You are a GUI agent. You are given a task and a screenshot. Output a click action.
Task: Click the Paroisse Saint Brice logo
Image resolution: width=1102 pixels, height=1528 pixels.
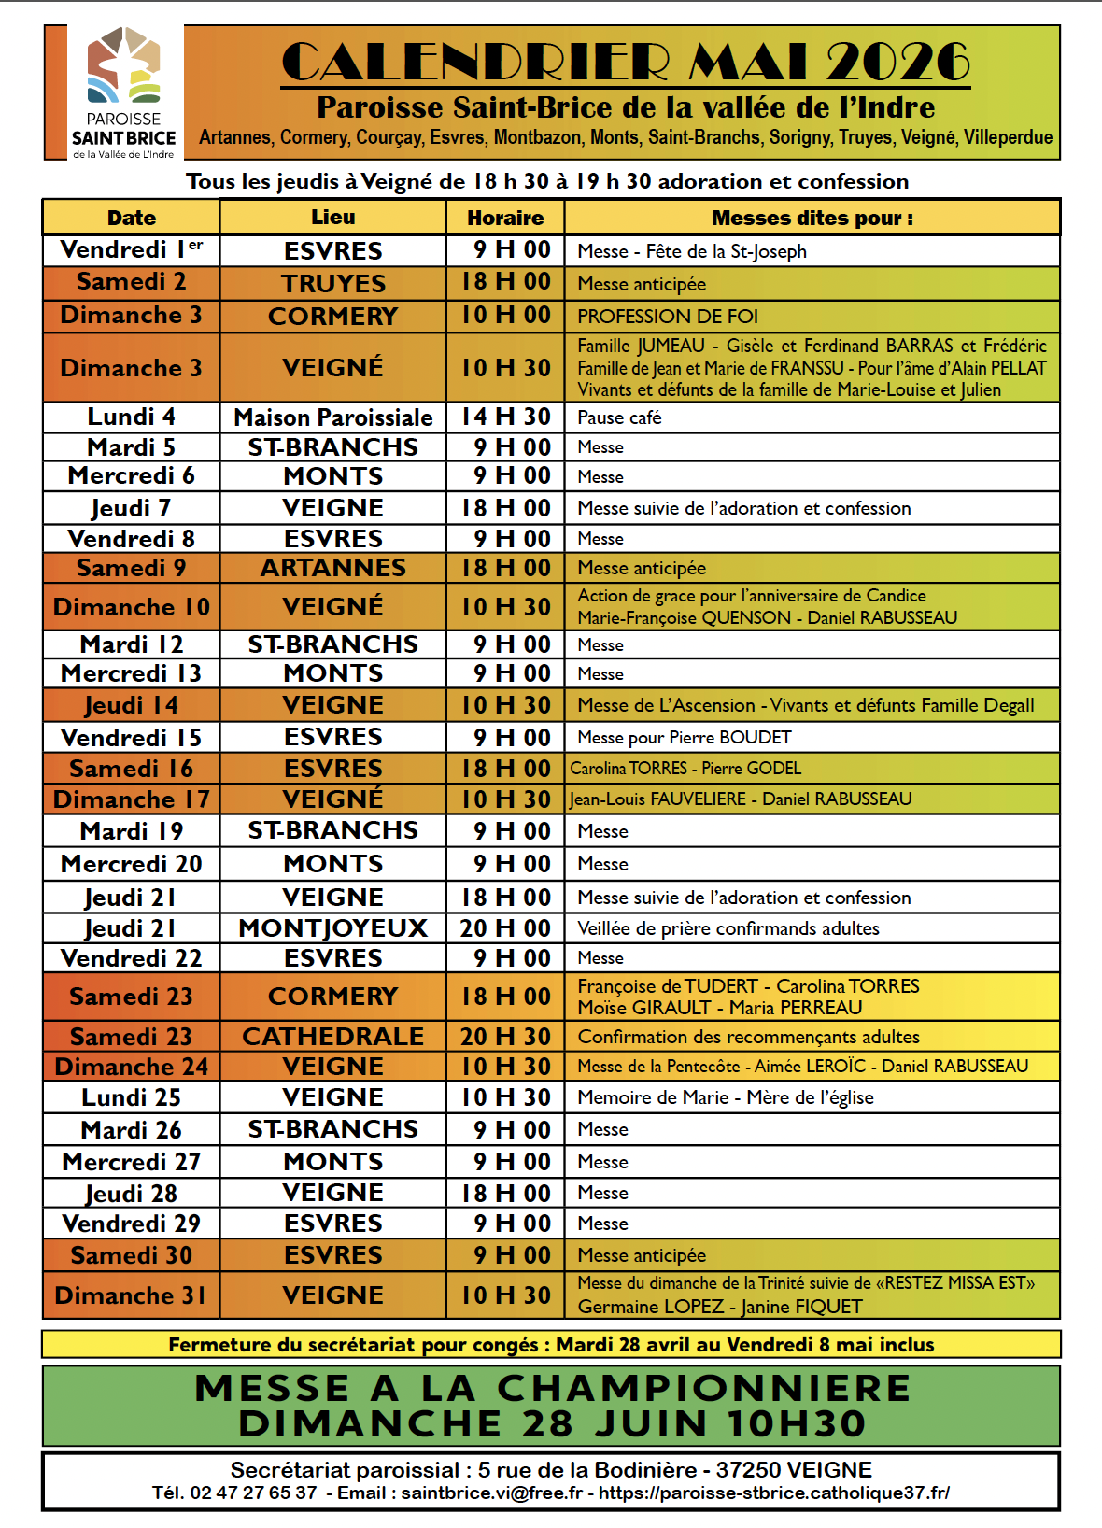[124, 92]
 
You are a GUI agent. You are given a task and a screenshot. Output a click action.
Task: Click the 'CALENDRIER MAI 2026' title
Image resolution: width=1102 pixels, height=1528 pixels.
[625, 62]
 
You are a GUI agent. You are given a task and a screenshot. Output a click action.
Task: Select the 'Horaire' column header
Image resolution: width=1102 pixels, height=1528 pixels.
[505, 218]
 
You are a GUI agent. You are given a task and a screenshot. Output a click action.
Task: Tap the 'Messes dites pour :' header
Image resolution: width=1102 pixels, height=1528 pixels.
[812, 218]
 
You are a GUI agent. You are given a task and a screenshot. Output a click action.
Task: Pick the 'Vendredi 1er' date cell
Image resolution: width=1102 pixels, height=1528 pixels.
[131, 250]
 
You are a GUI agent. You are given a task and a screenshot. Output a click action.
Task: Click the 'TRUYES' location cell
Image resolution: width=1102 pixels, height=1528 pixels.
[333, 283]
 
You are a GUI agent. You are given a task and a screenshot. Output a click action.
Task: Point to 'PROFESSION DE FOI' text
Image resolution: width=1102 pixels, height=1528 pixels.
[668, 317]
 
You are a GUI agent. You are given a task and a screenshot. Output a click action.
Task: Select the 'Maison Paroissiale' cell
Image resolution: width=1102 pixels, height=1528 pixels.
[333, 417]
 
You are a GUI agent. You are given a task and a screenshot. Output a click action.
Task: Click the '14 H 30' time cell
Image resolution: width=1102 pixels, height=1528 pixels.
[505, 417]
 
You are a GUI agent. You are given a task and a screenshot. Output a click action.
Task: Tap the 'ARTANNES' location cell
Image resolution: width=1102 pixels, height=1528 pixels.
[333, 568]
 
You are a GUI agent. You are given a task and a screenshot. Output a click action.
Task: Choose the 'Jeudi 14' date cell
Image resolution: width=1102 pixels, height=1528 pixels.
[131, 705]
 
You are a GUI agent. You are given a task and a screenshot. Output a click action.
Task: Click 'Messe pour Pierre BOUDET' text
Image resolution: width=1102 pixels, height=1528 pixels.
[685, 738]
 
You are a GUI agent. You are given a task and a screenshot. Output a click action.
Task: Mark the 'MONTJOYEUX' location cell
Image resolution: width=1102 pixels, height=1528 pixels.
[333, 928]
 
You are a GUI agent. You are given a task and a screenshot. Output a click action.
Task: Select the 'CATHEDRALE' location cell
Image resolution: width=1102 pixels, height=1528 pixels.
[333, 1037]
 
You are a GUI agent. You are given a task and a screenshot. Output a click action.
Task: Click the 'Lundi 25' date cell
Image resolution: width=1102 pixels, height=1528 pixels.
[131, 1097]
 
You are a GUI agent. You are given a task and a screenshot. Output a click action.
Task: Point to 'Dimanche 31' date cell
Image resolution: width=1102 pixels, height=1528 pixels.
[131, 1295]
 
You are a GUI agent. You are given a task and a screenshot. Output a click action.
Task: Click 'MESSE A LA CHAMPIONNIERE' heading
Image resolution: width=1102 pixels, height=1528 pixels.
[552, 1388]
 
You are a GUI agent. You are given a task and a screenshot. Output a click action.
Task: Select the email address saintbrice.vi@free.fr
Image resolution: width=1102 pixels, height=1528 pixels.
[491, 1493]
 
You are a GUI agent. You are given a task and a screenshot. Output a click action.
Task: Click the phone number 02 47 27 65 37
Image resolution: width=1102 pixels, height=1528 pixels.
[253, 1493]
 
